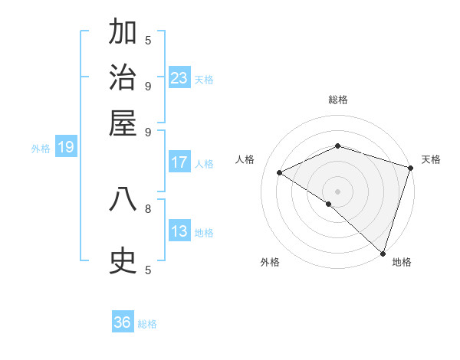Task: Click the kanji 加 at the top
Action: pyautogui.click(x=123, y=33)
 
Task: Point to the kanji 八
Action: pyautogui.click(x=123, y=199)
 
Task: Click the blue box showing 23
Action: pyautogui.click(x=179, y=77)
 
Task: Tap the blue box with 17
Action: pyautogui.click(x=179, y=162)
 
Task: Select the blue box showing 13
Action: pyautogui.click(x=179, y=231)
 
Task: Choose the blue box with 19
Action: pyautogui.click(x=66, y=147)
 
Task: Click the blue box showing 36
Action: pyautogui.click(x=123, y=322)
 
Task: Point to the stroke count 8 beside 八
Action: pyautogui.click(x=148, y=208)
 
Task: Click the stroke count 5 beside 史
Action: pyautogui.click(x=148, y=270)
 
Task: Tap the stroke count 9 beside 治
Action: pyautogui.click(x=148, y=86)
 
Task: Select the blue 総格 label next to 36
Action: pyautogui.click(x=147, y=324)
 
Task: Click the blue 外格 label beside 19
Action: pyautogui.click(x=40, y=149)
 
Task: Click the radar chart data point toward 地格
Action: pyautogui.click(x=383, y=253)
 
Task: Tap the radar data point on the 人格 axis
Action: pyautogui.click(x=280, y=173)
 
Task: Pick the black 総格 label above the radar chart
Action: pyautogui.click(x=337, y=100)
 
